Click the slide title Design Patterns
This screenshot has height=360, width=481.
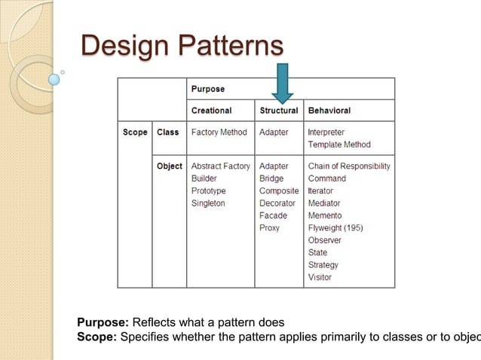(182, 45)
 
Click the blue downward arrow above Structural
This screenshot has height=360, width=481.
(283, 84)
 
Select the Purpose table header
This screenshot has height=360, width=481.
(207, 89)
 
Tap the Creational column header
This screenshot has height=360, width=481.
(211, 111)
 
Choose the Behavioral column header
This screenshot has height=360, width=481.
(329, 111)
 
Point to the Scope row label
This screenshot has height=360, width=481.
(135, 133)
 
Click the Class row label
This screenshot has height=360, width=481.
(168, 133)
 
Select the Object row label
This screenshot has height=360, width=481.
(170, 166)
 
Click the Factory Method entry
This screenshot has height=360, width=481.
(219, 133)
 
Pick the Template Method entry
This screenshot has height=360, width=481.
(339, 145)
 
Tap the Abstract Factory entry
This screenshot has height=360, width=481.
(220, 166)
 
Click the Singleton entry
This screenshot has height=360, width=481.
(208, 203)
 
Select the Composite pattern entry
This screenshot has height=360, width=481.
(279, 191)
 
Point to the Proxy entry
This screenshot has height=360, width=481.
(269, 227)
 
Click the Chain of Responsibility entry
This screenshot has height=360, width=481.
(349, 166)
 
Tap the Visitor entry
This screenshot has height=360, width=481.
(320, 277)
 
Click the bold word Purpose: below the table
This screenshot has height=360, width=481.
(103, 322)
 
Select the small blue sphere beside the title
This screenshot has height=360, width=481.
(54, 78)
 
